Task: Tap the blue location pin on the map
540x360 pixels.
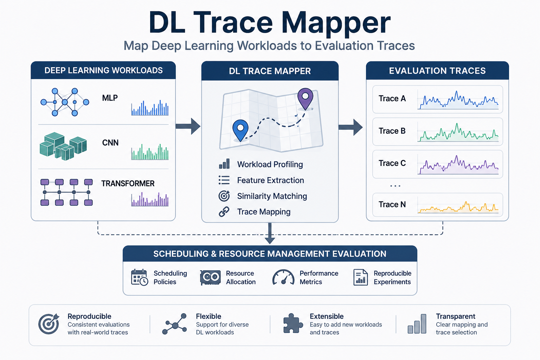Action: click(240, 130)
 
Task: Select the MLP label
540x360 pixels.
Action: click(110, 98)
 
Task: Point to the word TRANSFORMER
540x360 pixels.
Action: click(128, 184)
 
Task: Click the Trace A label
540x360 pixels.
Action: click(392, 98)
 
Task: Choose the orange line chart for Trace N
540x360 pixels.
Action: click(458, 207)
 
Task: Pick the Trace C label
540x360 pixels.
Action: click(392, 163)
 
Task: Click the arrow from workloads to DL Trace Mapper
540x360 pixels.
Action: click(188, 126)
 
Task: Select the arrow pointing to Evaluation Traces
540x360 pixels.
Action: click(350, 127)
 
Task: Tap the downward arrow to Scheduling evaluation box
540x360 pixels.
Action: click(270, 233)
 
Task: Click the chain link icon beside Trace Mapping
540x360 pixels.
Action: click(224, 212)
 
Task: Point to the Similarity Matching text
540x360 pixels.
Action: click(272, 196)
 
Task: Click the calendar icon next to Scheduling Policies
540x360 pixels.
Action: click(140, 277)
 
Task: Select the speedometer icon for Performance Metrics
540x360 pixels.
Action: click(283, 277)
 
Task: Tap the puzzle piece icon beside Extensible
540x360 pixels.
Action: click(293, 323)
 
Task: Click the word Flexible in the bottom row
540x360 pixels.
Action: click(208, 316)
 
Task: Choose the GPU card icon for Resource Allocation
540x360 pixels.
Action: click(211, 277)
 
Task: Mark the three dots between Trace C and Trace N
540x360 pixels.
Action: click(395, 186)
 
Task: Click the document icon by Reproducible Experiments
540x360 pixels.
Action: click(360, 277)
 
